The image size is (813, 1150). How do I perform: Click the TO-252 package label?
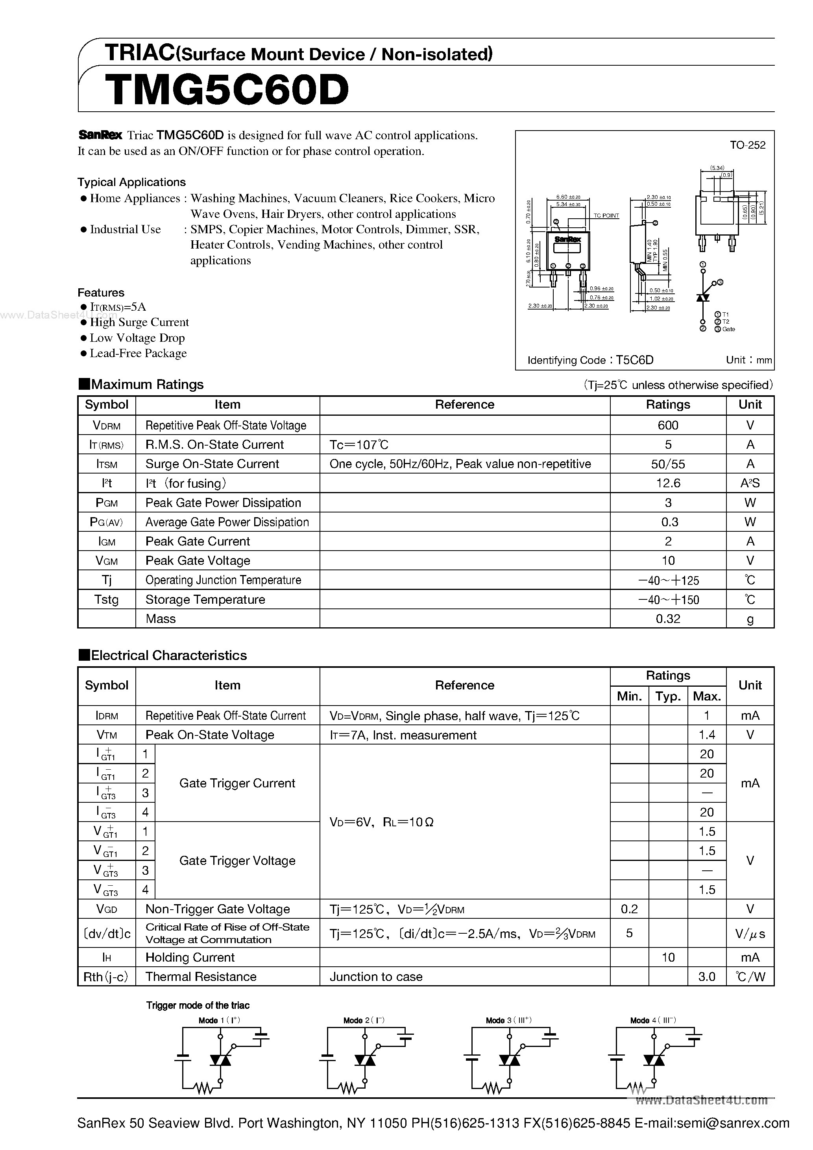tap(747, 145)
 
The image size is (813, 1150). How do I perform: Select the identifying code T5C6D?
tap(635, 360)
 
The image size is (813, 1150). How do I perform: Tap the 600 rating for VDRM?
tap(668, 425)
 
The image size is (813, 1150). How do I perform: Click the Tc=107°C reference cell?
tap(359, 445)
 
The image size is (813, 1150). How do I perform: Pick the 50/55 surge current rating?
tap(668, 464)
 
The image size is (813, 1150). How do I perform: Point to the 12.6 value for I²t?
tap(668, 483)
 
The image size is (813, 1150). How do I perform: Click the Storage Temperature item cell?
tap(205, 599)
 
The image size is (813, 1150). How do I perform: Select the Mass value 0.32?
tap(668, 619)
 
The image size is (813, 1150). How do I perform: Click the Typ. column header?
tap(668, 696)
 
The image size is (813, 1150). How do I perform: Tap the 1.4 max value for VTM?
tap(706, 735)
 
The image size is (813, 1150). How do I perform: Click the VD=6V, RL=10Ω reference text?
tap(381, 822)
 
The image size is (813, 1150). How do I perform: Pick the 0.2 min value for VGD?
tap(629, 909)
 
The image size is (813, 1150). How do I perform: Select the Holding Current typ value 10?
tap(668, 958)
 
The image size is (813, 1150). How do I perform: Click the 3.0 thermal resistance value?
tap(706, 977)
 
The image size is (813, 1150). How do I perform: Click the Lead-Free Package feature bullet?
tap(138, 354)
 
